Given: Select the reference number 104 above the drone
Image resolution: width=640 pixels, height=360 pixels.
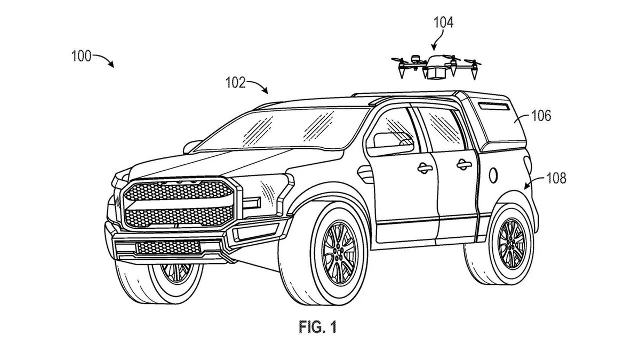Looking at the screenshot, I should click(x=443, y=22).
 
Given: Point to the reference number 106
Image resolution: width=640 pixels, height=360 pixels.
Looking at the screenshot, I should click(x=541, y=115).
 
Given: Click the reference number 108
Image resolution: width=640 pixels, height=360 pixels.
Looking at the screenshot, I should click(x=556, y=179).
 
